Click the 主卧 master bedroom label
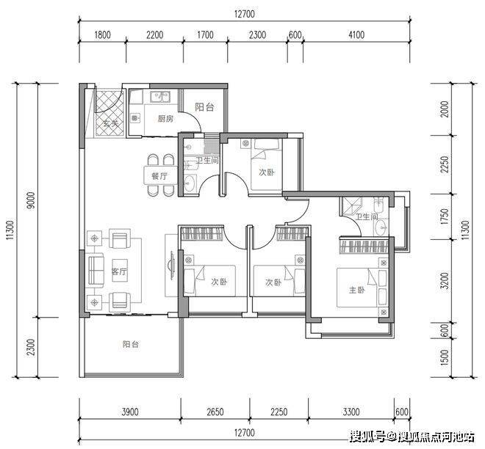[x=357, y=290]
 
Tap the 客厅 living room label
[x=119, y=271]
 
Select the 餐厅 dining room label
[x=159, y=176]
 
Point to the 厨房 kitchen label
[x=165, y=119]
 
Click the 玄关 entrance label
[x=111, y=124]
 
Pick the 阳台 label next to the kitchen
[x=204, y=107]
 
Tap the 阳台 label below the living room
[x=131, y=344]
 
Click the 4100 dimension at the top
[x=356, y=34]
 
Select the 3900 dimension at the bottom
[x=130, y=412]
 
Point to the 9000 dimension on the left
[x=32, y=200]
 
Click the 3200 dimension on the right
[x=444, y=280]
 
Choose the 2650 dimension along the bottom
[x=215, y=412]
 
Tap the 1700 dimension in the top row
[x=205, y=34]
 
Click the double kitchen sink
[x=160, y=97]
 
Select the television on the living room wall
[x=171, y=266]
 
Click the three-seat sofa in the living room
[x=96, y=270]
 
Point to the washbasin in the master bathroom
[x=382, y=228]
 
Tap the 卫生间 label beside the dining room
[x=207, y=160]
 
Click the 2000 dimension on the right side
[x=444, y=109]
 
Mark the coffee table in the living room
[x=119, y=270]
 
